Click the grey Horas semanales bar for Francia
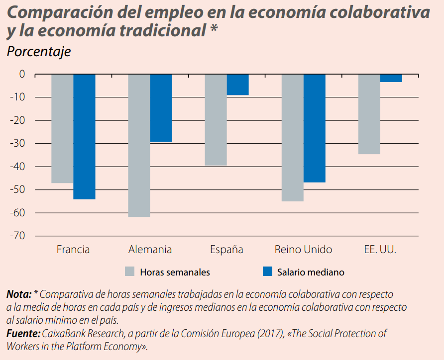[x=63, y=128]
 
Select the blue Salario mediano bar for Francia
[x=84, y=136]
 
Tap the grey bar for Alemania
[x=139, y=145]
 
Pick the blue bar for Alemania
[x=161, y=108]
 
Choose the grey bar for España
[x=216, y=119]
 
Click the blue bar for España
[x=237, y=85]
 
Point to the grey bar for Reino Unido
[x=293, y=137]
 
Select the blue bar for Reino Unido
[x=314, y=128]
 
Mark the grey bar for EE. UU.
[x=369, y=114]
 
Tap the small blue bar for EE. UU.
[x=391, y=78]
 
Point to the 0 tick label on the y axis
[x=21, y=74]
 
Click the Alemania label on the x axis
[x=150, y=250]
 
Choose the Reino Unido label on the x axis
[x=303, y=250]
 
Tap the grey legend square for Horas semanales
[x=129, y=271]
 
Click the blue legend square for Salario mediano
[x=267, y=271]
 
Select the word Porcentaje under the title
[x=38, y=52]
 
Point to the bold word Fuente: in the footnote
[x=23, y=333]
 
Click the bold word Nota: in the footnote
[x=19, y=294]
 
